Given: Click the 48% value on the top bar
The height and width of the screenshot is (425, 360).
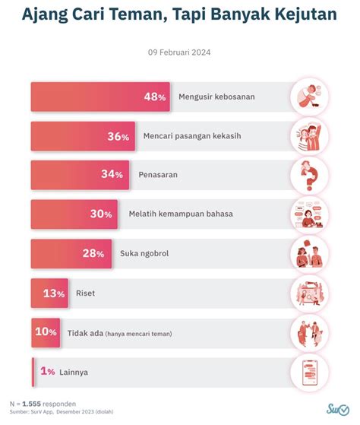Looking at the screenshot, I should point(155,97).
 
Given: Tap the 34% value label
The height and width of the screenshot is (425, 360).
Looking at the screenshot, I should point(112,175).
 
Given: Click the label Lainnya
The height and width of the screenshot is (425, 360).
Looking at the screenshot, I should point(74,371).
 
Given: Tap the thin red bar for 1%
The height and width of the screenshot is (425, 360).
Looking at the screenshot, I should point(32,371).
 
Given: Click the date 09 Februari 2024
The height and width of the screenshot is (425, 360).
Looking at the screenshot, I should point(179,52).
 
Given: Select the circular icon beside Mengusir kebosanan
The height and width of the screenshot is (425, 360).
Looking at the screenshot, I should point(310,97).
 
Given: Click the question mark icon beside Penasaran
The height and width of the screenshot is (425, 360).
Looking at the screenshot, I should point(310,175).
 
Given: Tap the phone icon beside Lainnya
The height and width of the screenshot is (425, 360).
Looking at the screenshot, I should point(310,371).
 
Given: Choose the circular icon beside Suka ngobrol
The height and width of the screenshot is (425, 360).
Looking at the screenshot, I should point(310,253).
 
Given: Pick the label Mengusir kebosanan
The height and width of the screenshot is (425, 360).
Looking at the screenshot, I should point(216,97).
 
